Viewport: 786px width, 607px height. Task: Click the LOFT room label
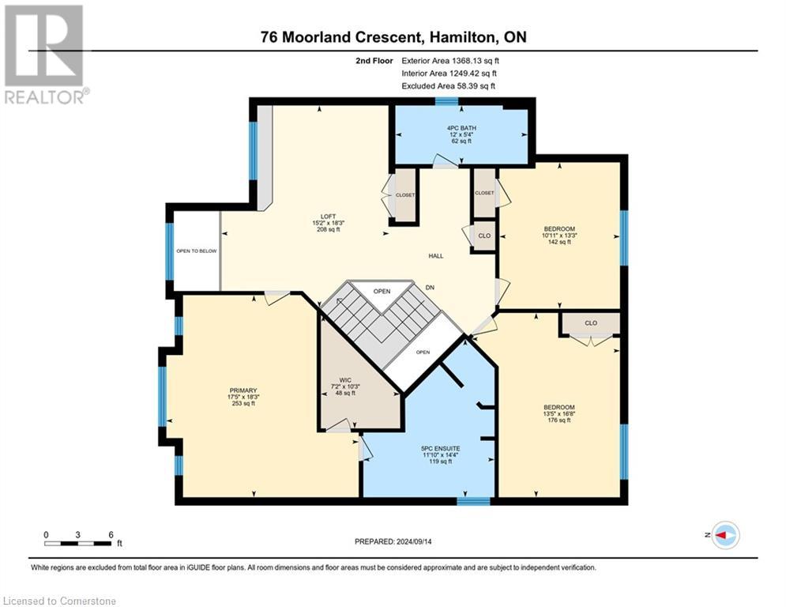tap(329, 217)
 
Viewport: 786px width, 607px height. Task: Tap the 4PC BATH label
tap(461, 128)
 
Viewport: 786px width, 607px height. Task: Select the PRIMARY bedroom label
tap(243, 390)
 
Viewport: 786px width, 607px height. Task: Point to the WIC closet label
tap(345, 380)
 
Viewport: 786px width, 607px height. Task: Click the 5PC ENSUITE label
tap(441, 448)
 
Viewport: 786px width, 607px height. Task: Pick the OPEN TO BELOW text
tap(197, 251)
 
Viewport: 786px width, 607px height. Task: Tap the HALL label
tap(435, 256)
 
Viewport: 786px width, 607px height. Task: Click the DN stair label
tap(430, 288)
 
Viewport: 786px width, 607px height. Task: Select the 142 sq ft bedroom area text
tap(559, 242)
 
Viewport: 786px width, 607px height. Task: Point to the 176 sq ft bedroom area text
tap(559, 420)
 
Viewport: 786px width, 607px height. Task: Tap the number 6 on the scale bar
tap(111, 535)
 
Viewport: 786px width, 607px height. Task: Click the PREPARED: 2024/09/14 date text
tap(393, 541)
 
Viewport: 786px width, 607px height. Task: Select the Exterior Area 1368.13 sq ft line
tap(450, 61)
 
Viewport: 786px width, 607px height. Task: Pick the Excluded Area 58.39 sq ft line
tap(448, 86)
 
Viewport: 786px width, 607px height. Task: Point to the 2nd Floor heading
tap(374, 61)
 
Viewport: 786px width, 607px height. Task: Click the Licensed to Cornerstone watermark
tap(59, 601)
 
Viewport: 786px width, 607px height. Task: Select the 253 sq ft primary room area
tap(243, 403)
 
